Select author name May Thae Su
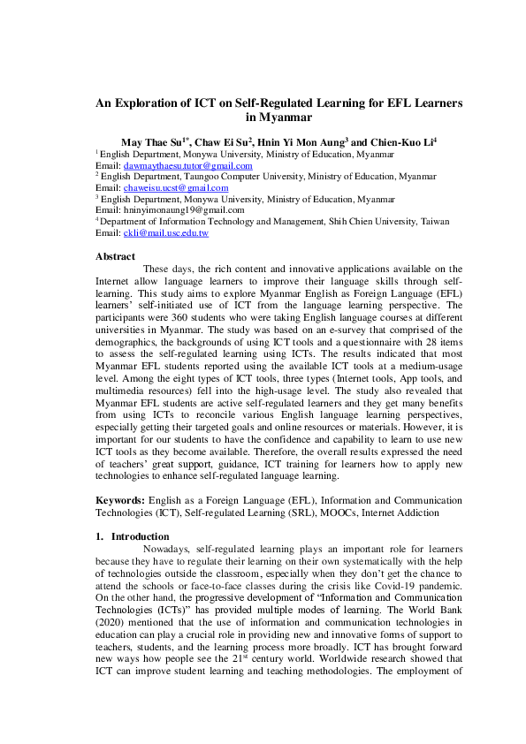pos(147,141)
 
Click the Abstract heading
pos(116,256)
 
